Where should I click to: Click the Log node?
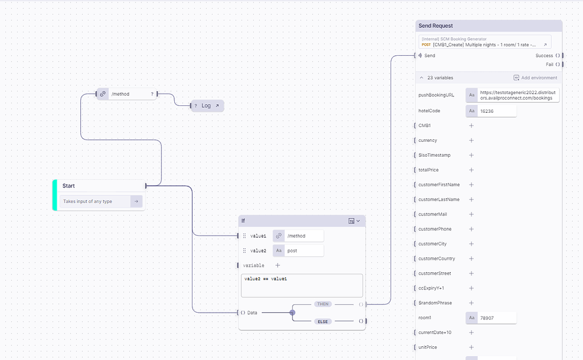click(207, 105)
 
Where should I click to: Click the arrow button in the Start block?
click(137, 201)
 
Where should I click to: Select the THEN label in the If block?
click(323, 304)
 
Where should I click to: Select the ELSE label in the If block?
click(323, 321)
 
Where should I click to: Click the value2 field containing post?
click(305, 251)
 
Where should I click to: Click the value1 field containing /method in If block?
click(305, 236)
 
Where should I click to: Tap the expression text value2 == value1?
click(266, 279)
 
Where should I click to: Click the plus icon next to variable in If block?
click(278, 265)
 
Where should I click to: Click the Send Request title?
click(436, 26)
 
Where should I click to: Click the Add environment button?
click(535, 77)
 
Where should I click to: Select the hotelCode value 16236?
click(497, 111)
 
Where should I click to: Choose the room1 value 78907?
click(497, 318)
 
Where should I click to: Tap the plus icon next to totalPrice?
click(471, 170)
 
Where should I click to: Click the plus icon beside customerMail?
click(471, 214)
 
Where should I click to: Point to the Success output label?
click(544, 56)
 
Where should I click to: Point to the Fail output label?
click(549, 64)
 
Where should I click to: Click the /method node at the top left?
click(126, 94)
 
